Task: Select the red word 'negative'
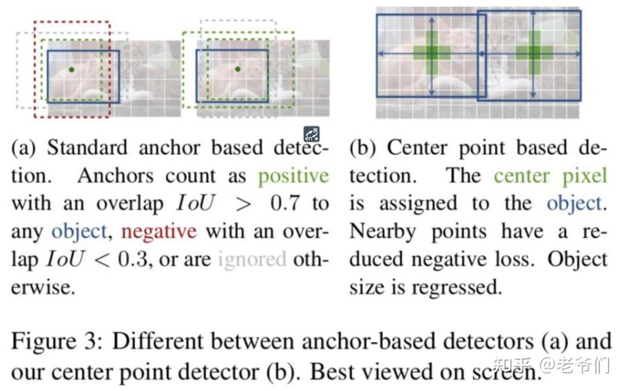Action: click(x=159, y=231)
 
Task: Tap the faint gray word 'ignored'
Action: click(x=252, y=259)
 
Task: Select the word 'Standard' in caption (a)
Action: click(x=87, y=148)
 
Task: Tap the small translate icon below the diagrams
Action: click(x=311, y=134)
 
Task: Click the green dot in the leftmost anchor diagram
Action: click(x=71, y=70)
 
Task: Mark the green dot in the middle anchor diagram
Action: click(x=238, y=69)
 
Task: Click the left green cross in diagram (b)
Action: click(x=432, y=53)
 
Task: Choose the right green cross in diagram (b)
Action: click(x=534, y=52)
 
